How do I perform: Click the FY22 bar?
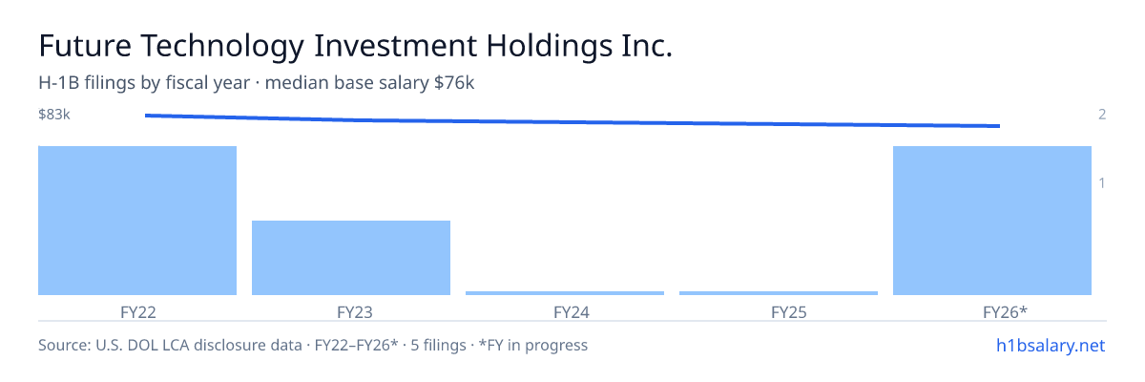[137, 221]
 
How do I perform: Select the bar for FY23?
[351, 258]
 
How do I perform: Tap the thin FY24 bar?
[565, 293]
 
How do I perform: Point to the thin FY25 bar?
[779, 293]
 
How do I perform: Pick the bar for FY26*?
[992, 221]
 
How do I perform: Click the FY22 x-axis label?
[138, 312]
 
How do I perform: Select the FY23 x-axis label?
[355, 312]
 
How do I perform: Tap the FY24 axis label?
[572, 312]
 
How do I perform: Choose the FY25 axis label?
[789, 312]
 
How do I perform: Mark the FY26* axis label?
[1005, 312]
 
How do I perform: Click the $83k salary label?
[54, 114]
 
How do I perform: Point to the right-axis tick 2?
[1102, 114]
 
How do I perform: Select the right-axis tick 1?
[1102, 182]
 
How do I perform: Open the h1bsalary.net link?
[1051, 345]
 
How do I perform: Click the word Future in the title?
[85, 46]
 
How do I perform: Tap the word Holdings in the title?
[549, 47]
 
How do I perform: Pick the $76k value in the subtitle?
[454, 82]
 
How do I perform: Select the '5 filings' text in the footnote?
[439, 345]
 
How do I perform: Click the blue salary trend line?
[572, 121]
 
